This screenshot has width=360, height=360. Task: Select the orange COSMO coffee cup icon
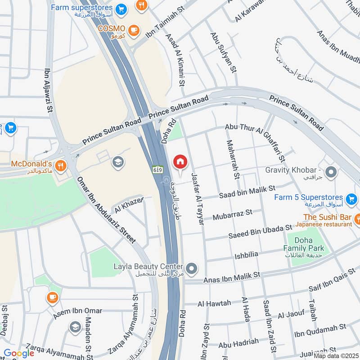pos(133,30)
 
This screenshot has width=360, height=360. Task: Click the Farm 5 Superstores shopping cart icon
pos(351,198)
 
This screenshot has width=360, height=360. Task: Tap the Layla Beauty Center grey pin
pos(192,269)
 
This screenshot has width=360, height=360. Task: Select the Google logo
pos(19,353)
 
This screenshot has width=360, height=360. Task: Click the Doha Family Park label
pos(304,244)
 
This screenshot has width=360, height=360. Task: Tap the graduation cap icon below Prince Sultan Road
pos(118,162)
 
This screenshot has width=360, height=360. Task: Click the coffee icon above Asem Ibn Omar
pos(52,297)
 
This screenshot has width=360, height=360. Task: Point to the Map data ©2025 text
pos(336,356)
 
